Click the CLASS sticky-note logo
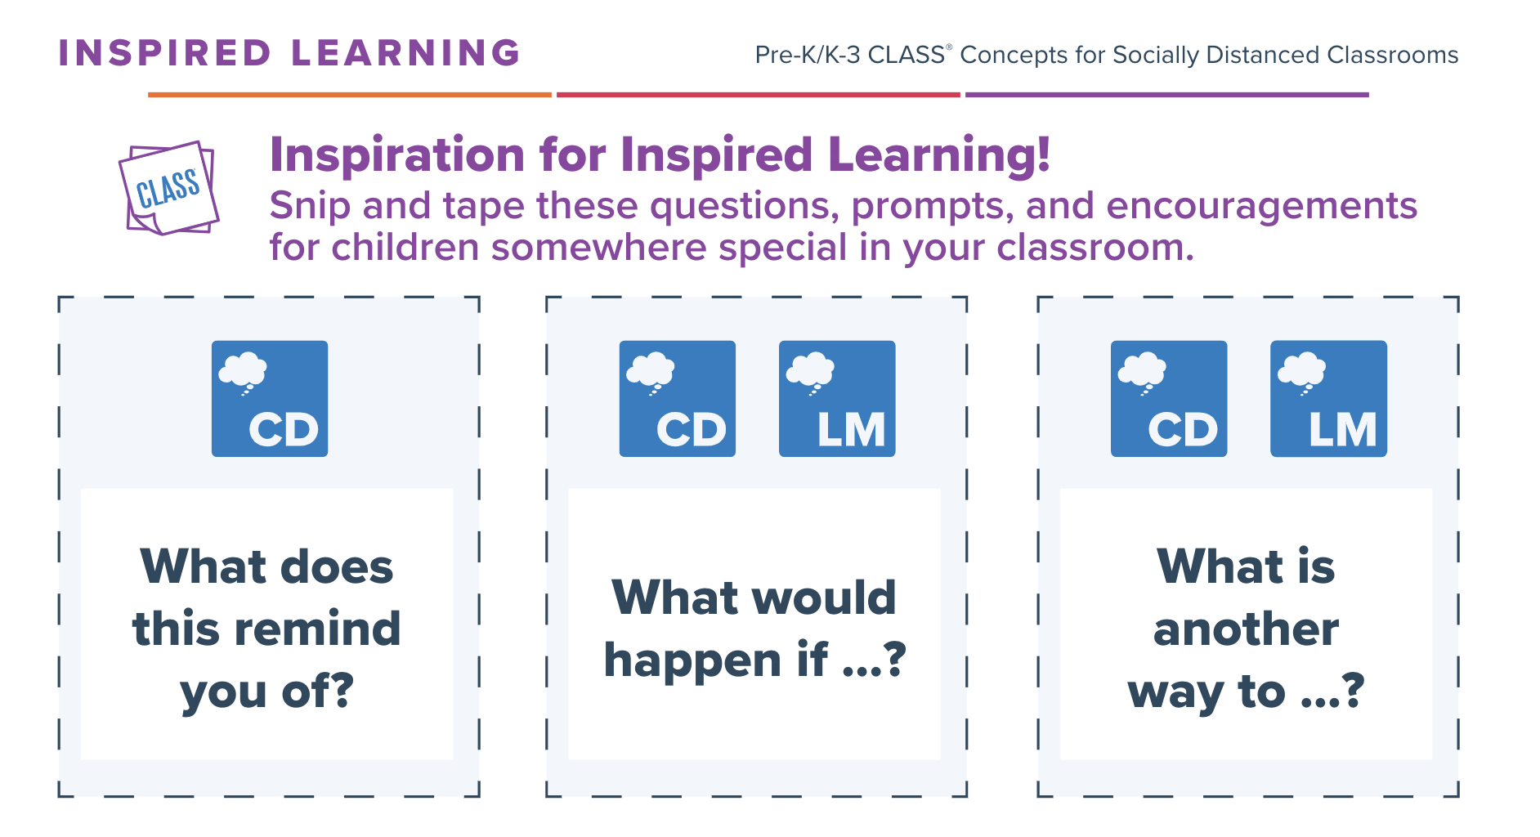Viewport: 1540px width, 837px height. click(x=169, y=188)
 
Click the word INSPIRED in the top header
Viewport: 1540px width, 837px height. click(x=164, y=53)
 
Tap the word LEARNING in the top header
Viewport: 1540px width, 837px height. click(x=405, y=53)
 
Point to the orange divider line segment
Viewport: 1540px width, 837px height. click(x=350, y=95)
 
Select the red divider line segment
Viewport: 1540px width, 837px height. click(x=759, y=95)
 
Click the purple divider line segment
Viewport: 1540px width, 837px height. click(x=1167, y=95)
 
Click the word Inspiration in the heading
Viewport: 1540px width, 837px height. click(x=397, y=154)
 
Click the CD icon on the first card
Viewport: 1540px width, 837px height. click(x=270, y=399)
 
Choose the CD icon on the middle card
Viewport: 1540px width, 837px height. click(x=678, y=399)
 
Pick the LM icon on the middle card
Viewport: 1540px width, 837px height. click(x=837, y=399)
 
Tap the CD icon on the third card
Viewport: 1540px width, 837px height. click(x=1169, y=399)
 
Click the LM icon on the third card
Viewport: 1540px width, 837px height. click(x=1329, y=399)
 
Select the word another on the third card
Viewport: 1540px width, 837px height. click(x=1246, y=629)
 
